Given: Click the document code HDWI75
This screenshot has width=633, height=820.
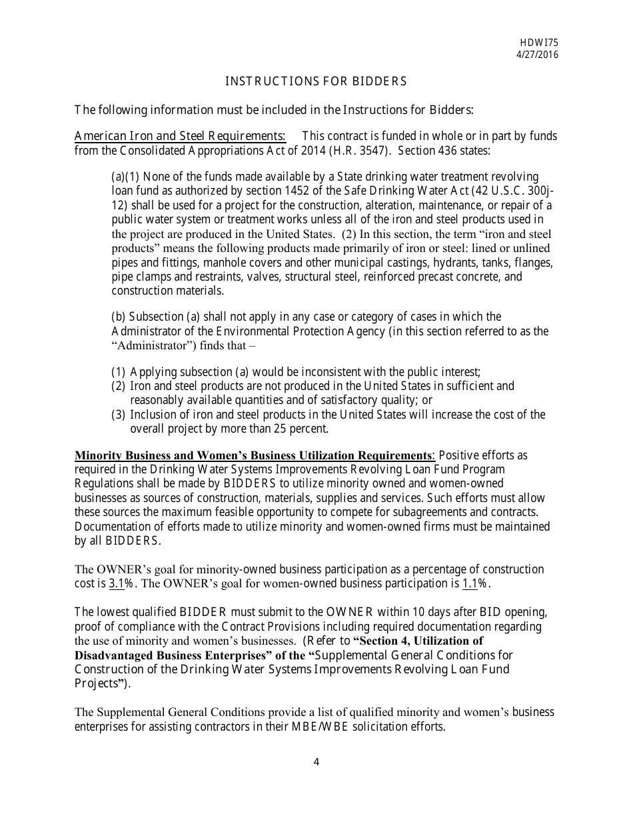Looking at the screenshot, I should tap(542, 43).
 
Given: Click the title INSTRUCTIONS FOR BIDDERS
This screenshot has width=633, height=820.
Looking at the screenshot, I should tap(316, 81).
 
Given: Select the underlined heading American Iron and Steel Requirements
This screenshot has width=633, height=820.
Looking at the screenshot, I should tap(180, 136).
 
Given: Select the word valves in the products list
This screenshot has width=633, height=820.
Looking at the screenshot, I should tap(257, 277).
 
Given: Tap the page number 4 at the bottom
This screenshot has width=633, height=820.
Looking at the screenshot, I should tap(316, 763).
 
